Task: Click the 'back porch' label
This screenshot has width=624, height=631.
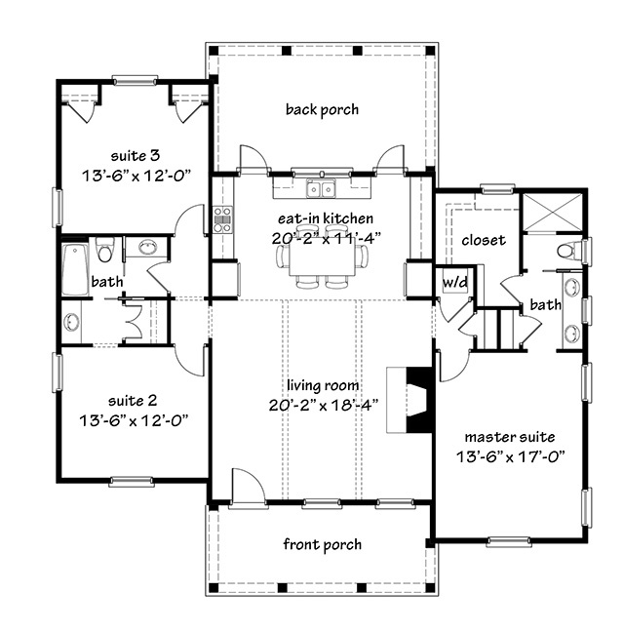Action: (322, 109)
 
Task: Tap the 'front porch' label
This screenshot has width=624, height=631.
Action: (322, 544)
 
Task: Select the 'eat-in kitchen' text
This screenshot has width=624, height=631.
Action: (322, 218)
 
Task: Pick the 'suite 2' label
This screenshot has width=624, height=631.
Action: (134, 400)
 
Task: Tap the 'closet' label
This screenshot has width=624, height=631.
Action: (484, 240)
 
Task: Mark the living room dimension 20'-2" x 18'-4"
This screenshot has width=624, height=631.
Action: (322, 404)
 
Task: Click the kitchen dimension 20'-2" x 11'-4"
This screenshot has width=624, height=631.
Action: (322, 237)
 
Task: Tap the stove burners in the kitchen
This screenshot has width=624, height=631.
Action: (222, 218)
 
